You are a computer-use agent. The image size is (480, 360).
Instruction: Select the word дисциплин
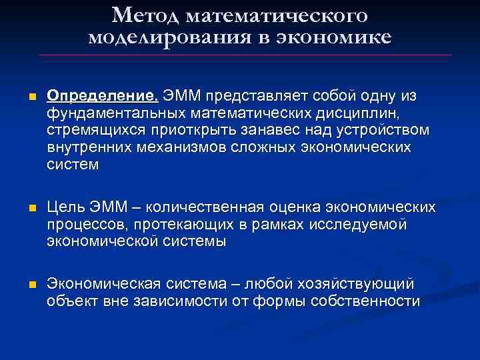point(373,113)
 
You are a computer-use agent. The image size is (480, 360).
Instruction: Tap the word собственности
point(363,301)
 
